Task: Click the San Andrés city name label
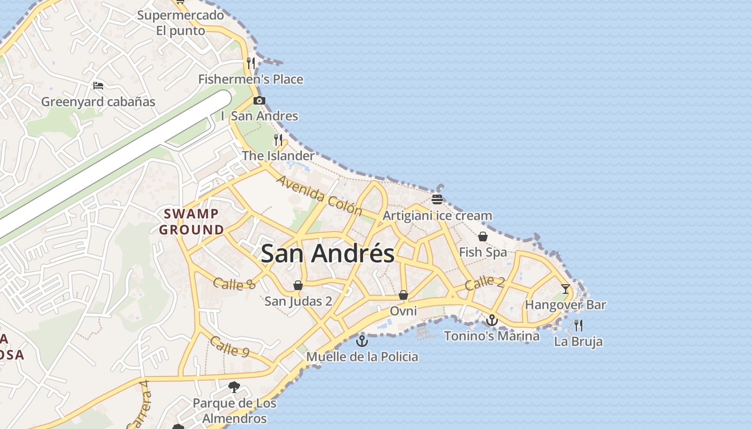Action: tap(327, 253)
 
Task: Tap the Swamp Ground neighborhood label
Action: tap(192, 222)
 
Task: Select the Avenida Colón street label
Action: tap(319, 195)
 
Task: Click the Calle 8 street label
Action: tap(234, 284)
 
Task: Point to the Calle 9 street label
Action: tap(229, 346)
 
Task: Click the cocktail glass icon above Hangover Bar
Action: tap(566, 289)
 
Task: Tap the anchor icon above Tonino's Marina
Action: tap(491, 320)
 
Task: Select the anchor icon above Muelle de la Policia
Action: tap(363, 341)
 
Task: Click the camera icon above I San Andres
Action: tap(259, 100)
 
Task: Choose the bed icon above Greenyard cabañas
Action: tap(98, 85)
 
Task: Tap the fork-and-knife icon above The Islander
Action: tap(278, 140)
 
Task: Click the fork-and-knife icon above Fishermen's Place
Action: tap(250, 63)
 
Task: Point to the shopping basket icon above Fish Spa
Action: tap(483, 236)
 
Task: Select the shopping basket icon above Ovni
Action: tap(403, 295)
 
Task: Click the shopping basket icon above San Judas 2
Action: tap(298, 285)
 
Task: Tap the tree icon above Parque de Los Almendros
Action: tap(234, 387)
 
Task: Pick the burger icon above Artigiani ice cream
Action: tap(437, 199)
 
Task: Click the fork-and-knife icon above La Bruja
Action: tap(579, 325)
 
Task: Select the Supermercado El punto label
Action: tap(180, 23)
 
